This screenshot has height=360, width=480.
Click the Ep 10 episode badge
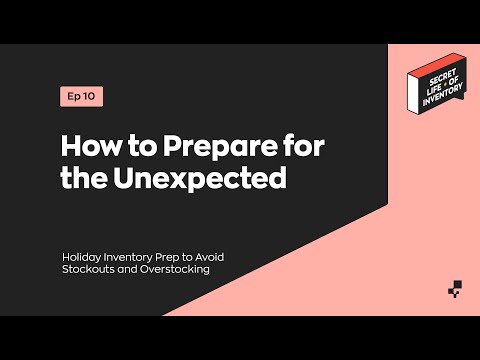(81, 97)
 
